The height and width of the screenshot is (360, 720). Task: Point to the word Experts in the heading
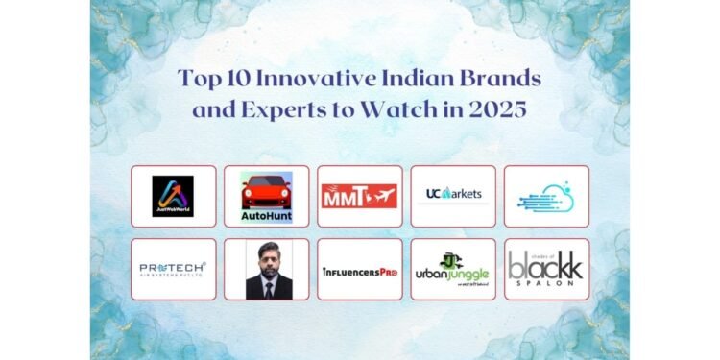coord(276,108)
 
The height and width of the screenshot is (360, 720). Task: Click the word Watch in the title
coord(391,108)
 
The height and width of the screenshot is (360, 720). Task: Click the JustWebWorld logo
coord(173,196)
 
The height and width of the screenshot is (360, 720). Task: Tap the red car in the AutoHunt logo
coord(266,189)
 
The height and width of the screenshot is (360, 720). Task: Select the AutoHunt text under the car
coord(266,214)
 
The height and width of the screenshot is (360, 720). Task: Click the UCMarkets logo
coord(453,195)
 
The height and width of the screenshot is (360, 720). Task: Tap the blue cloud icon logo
coord(546,196)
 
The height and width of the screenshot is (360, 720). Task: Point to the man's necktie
coord(266,287)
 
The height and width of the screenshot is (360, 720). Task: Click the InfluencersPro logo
coord(359,270)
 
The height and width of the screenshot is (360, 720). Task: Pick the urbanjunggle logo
coord(452,269)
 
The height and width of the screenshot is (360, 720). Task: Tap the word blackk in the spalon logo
coord(545,266)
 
